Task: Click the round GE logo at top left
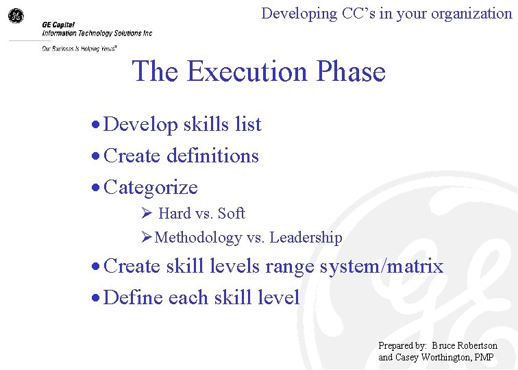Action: (x=16, y=16)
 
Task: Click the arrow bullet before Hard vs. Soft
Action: (x=145, y=214)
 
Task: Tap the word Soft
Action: (x=232, y=214)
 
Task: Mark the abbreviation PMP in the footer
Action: (x=485, y=357)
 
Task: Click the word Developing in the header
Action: (x=299, y=13)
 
